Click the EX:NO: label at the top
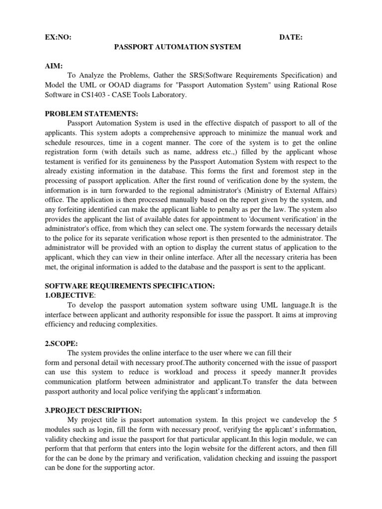click(54, 37)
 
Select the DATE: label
click(291, 37)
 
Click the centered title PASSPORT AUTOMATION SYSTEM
click(178, 47)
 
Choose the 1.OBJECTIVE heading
click(72, 295)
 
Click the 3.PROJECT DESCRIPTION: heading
click(94, 410)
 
